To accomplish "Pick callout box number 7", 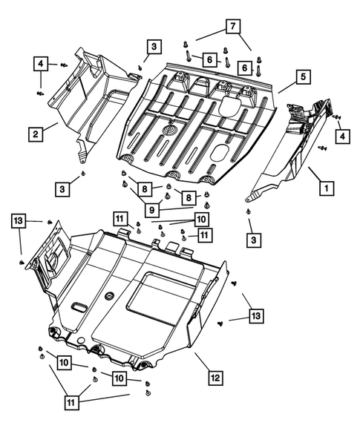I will click(x=233, y=27).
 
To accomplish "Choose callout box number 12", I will click(x=215, y=378).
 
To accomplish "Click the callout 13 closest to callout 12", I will click(x=255, y=318).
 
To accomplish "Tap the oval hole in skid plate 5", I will click(x=221, y=153).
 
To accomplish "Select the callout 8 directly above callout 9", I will click(x=141, y=189).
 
